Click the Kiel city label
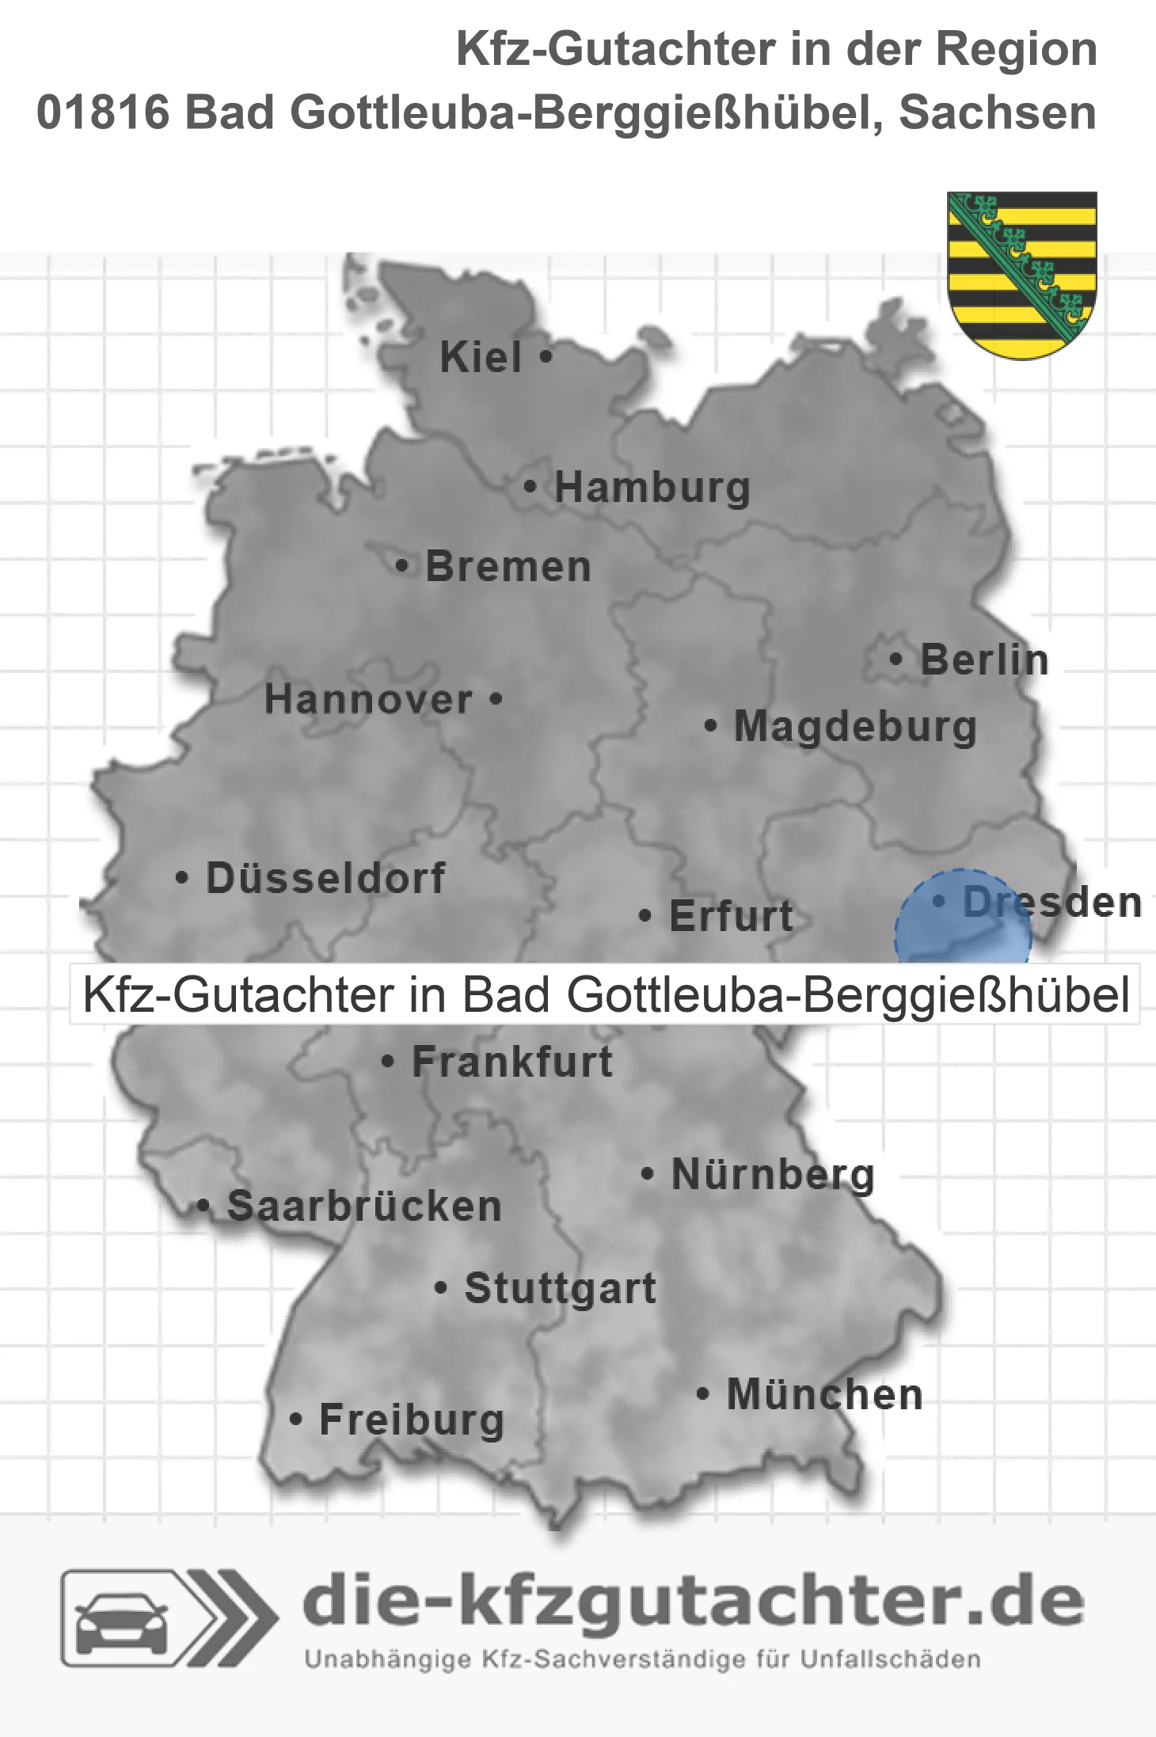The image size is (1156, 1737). point(481,357)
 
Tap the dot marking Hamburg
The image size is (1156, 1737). point(530,487)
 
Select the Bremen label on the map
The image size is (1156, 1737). point(508,567)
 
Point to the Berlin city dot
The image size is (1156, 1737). point(896,659)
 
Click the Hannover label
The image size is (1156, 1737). point(368,700)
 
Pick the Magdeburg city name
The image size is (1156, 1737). point(855,727)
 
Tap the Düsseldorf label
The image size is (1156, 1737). point(325,878)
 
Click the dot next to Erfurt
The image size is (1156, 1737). point(645,916)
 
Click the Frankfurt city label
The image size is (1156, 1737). point(512,1062)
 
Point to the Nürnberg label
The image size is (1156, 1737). point(773,1175)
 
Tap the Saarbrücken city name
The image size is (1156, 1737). point(364,1207)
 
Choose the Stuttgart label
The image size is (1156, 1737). point(560,1288)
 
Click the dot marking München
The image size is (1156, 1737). point(702,1393)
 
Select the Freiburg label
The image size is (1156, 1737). point(412,1420)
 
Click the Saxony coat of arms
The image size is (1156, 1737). point(1022,274)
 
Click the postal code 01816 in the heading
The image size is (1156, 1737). point(104,112)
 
